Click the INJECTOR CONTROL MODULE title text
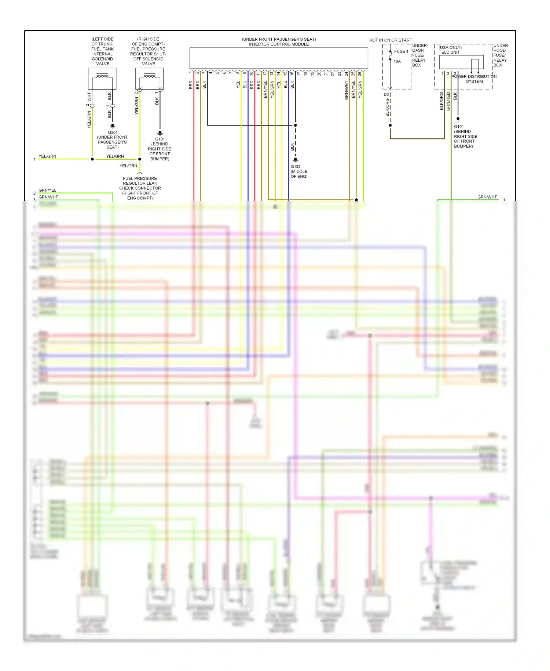click(x=279, y=44)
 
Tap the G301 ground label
click(x=113, y=133)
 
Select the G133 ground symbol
click(x=296, y=160)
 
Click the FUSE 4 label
click(x=401, y=51)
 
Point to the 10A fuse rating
click(x=397, y=61)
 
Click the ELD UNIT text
click(x=450, y=52)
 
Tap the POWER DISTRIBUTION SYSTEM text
click(x=474, y=79)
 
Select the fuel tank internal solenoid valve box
click(x=102, y=79)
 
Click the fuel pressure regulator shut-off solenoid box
click(x=150, y=79)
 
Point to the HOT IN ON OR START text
click(x=390, y=40)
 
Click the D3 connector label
click(x=386, y=95)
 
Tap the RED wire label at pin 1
click(x=191, y=85)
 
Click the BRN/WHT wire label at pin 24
click(x=346, y=90)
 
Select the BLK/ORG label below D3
click(x=387, y=108)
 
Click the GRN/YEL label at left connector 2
click(x=47, y=190)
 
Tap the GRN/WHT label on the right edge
click(x=487, y=197)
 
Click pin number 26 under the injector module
click(x=360, y=73)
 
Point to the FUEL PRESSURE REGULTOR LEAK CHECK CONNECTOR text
click(x=140, y=188)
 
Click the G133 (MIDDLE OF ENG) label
click(x=299, y=171)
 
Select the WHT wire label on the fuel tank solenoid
click(x=89, y=97)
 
